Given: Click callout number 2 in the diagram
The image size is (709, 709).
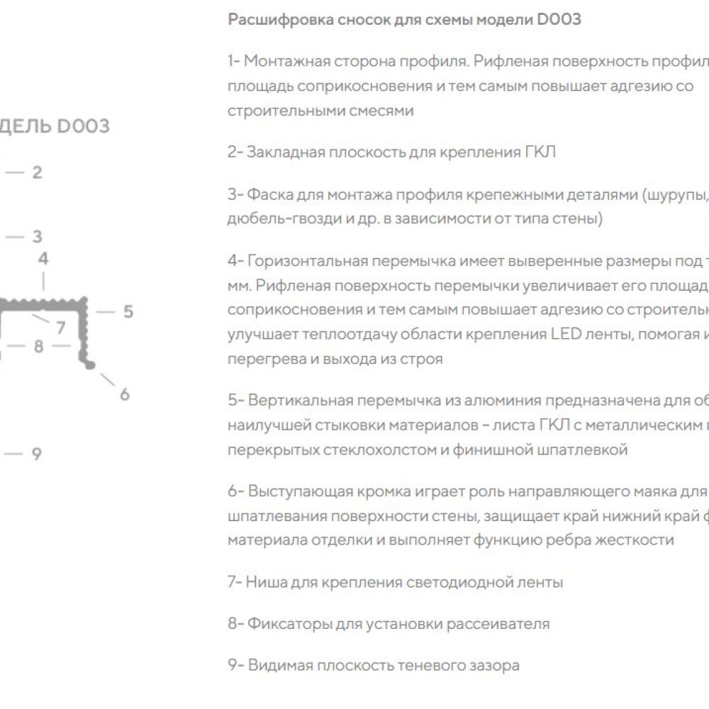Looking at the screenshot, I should coord(38,172).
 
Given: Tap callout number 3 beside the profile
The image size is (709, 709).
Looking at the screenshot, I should coord(38,237).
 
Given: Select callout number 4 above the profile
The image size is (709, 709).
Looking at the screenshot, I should coord(43,259).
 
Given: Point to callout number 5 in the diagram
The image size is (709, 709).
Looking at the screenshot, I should coord(128,311).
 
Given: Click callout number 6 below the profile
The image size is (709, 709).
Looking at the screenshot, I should coord(125,394).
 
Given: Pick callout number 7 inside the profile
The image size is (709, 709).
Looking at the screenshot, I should coord(61,328).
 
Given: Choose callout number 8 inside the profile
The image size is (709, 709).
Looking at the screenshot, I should coord(39,347).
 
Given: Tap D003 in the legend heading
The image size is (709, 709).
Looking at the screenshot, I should coord(559,20).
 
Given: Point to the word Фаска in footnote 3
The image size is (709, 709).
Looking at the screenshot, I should coord(267,195).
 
